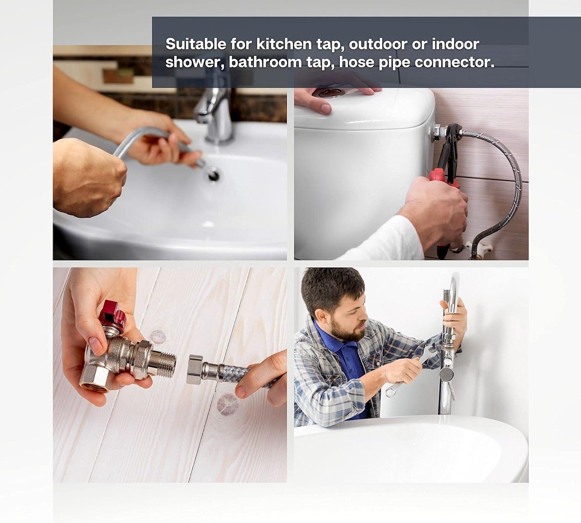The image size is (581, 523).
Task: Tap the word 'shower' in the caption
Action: (x=193, y=62)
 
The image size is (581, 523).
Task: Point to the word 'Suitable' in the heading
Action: (x=196, y=44)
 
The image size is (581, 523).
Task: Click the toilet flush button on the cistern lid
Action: (x=332, y=92)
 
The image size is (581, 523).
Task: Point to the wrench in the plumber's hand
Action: (x=411, y=372)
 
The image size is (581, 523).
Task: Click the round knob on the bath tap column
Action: (x=446, y=374)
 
